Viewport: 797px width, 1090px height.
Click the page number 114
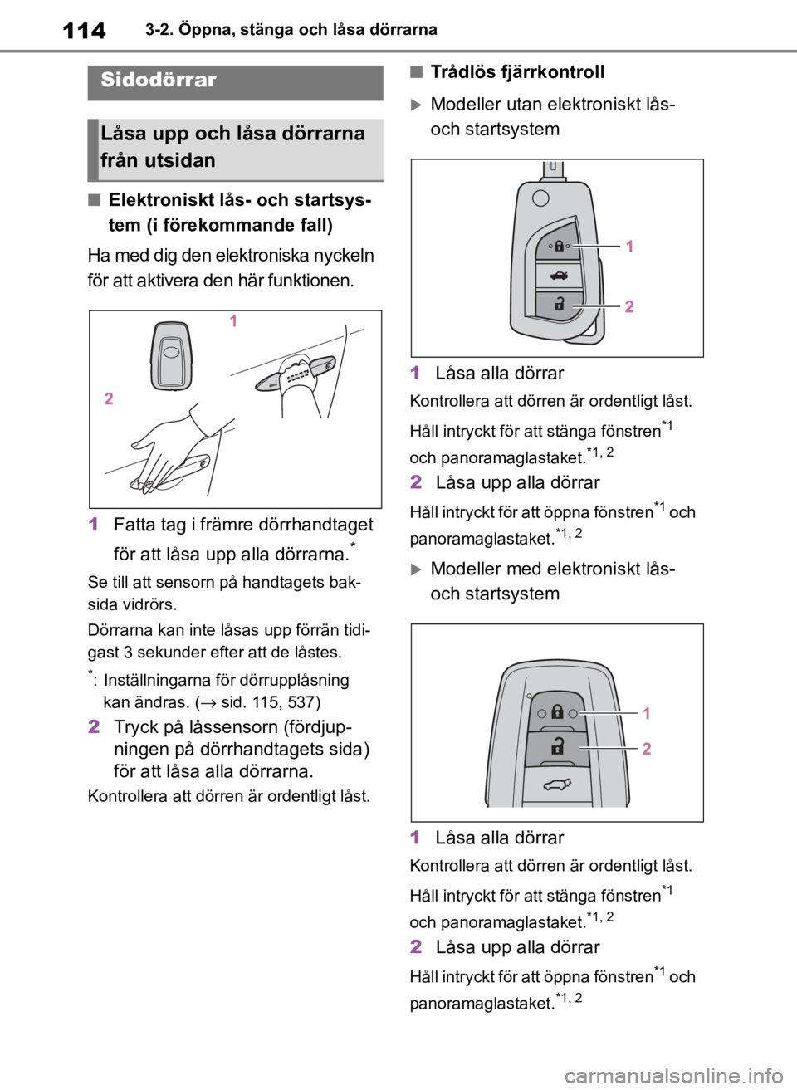click(x=84, y=30)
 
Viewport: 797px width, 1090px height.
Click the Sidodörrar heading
click(x=158, y=80)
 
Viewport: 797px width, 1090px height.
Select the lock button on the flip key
click(x=559, y=245)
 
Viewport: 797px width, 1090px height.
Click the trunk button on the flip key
click(x=559, y=276)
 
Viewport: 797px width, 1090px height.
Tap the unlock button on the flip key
click(x=559, y=305)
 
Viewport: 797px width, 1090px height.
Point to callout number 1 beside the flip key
click(x=629, y=247)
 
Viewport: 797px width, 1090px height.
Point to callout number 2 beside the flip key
click(x=629, y=306)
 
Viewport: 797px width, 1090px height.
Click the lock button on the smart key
click(x=557, y=712)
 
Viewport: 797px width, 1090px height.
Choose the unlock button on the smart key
click(x=557, y=747)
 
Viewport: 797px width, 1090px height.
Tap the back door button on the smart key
click(x=557, y=785)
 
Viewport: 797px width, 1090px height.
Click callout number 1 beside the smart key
click(x=647, y=713)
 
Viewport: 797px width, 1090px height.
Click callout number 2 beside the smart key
click(x=647, y=749)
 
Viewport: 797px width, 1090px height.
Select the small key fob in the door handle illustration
click(x=171, y=355)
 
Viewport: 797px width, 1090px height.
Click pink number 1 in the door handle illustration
click(x=233, y=320)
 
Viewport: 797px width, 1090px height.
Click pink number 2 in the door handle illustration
click(x=109, y=398)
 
